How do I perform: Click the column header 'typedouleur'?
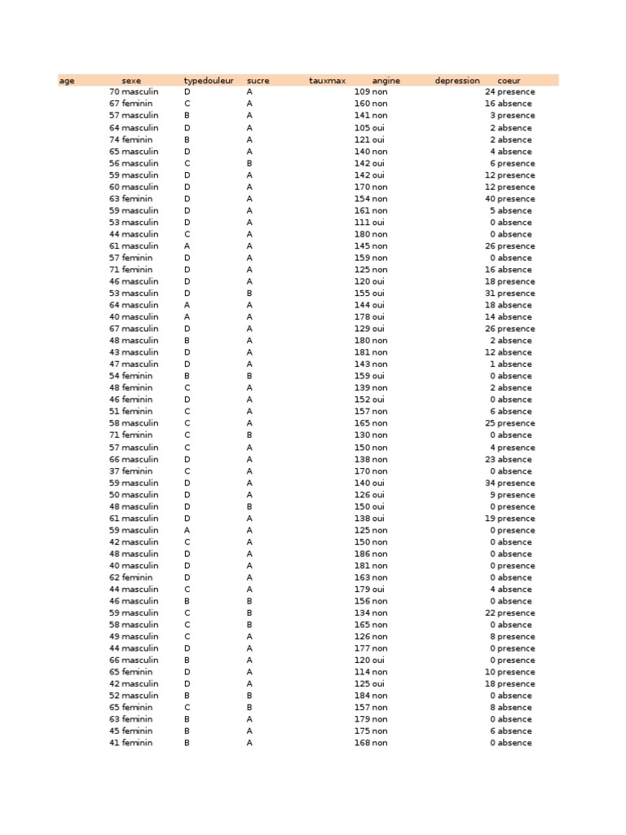[x=209, y=81]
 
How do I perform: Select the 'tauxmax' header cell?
[x=328, y=81]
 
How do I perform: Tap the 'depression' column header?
[x=457, y=81]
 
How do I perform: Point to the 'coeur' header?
[x=509, y=81]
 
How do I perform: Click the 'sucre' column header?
[x=258, y=81]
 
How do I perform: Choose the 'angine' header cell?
[x=386, y=81]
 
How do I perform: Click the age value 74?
[x=114, y=139]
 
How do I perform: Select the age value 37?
[x=114, y=471]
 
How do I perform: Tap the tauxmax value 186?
[x=362, y=554]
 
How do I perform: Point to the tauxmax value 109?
[x=362, y=92]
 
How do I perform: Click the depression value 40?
[x=490, y=199]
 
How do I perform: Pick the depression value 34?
[x=490, y=483]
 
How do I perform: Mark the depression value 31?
[x=490, y=294]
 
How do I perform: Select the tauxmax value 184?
[x=362, y=696]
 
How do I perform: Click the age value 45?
[x=114, y=731]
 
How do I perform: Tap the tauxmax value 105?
[x=362, y=128]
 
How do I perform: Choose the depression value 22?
[x=490, y=613]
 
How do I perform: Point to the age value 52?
[x=114, y=696]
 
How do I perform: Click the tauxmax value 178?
[x=362, y=317]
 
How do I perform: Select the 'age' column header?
[x=67, y=81]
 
